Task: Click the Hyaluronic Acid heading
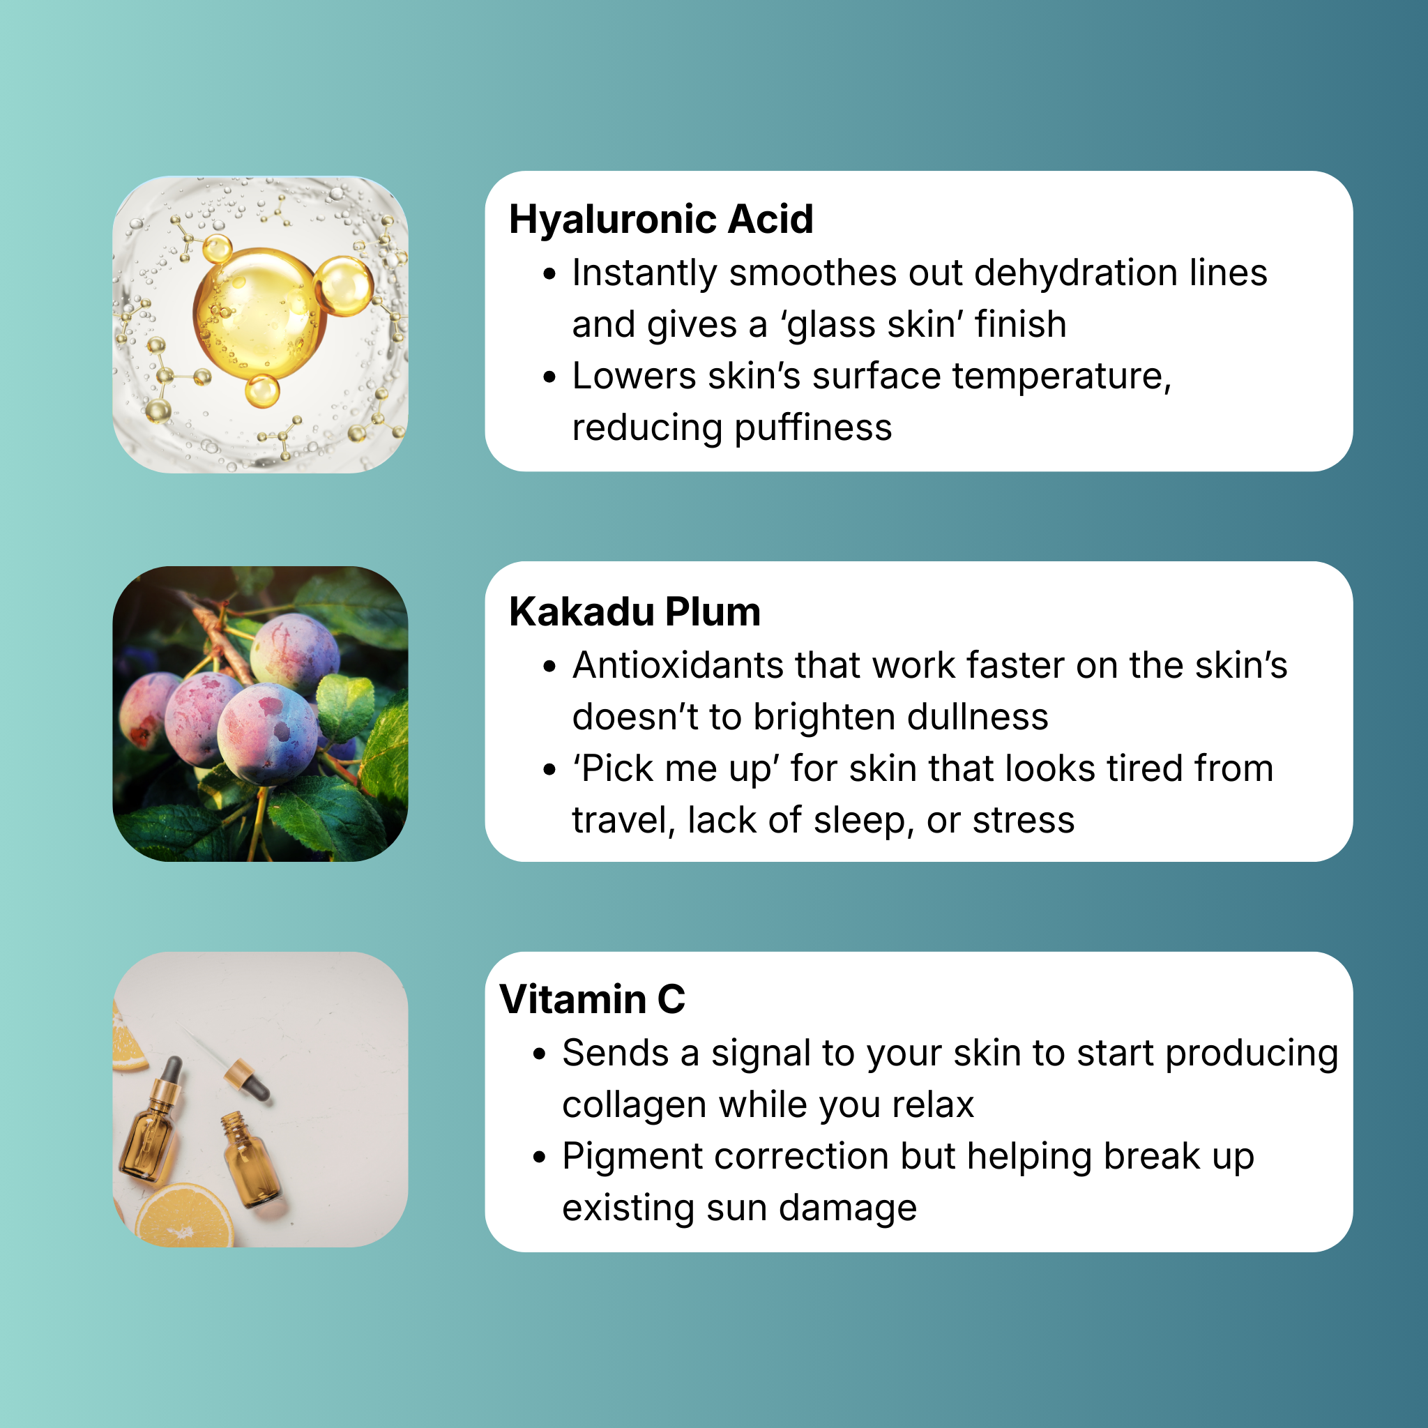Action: [x=661, y=220]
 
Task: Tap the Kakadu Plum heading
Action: [x=635, y=612]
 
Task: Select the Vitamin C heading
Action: [x=592, y=999]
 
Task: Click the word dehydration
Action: [x=1074, y=273]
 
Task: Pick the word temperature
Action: [x=1062, y=377]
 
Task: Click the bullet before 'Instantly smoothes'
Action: [x=549, y=274]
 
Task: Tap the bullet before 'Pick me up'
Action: [x=549, y=770]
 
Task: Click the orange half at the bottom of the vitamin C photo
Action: [x=185, y=1216]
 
